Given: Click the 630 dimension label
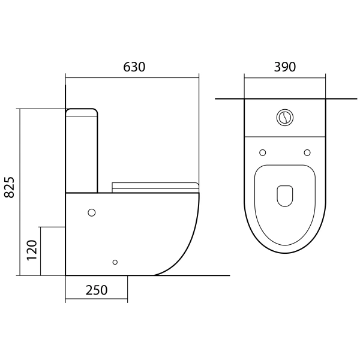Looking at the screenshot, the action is click(134, 67).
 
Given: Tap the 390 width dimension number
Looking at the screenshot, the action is click(284, 67).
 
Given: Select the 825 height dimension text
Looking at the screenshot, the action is click(10, 187).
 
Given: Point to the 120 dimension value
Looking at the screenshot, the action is click(32, 250).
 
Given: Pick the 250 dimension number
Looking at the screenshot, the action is click(97, 290).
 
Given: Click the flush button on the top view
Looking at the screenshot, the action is click(284, 118).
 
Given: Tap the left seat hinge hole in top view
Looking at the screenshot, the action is click(262, 152).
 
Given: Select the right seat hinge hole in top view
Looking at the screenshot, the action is click(307, 152).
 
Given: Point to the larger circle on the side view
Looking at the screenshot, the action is click(92, 212).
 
